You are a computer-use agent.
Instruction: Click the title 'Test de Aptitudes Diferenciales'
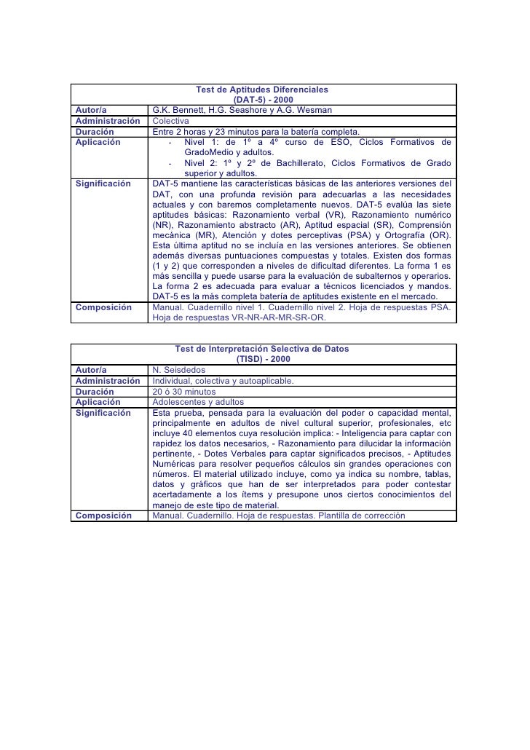262,90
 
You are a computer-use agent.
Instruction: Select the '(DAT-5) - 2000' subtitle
262,100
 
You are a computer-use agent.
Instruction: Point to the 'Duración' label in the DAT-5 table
94,131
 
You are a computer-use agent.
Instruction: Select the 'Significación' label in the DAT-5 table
103,183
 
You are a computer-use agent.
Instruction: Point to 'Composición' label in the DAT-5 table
103,307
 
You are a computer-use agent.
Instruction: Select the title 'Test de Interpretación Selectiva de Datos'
262,349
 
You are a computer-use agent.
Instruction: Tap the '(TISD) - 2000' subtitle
262,359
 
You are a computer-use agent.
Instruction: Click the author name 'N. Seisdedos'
179,370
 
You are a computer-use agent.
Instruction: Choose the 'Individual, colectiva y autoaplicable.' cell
224,381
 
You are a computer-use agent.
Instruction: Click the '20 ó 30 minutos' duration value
184,391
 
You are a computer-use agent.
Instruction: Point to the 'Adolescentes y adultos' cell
198,401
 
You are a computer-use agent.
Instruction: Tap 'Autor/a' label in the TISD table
91,370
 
